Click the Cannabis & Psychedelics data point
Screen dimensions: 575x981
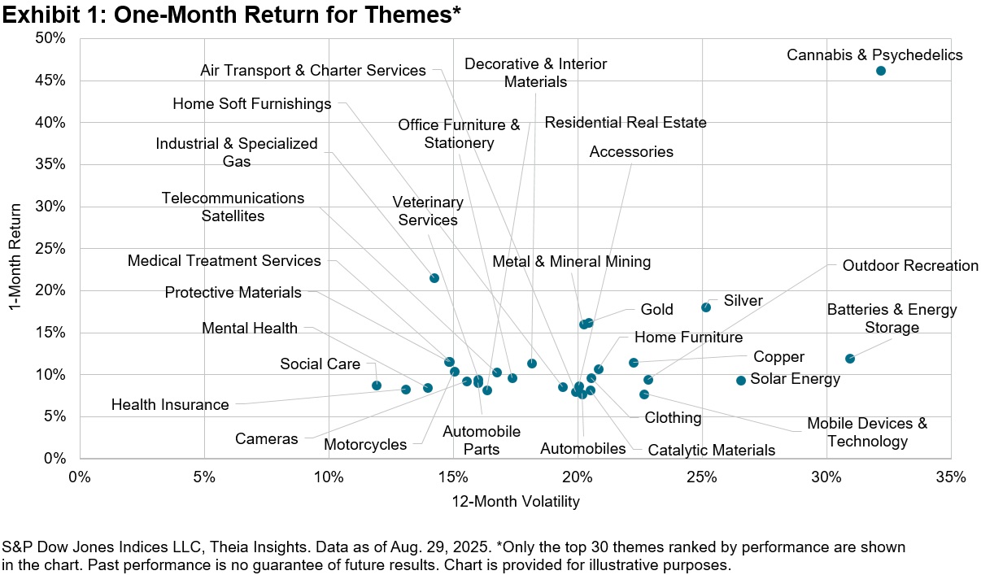tap(880, 71)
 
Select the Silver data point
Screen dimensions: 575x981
tap(706, 307)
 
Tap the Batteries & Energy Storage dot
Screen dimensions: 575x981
tap(850, 359)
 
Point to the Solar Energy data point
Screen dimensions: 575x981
tap(741, 380)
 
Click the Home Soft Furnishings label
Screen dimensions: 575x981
tap(252, 104)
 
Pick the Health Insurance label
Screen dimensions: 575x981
tap(170, 404)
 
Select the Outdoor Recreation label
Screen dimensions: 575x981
tap(910, 266)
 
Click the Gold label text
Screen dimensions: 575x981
tap(656, 310)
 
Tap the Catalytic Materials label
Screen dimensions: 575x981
tap(712, 450)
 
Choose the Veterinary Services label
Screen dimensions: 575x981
tap(427, 211)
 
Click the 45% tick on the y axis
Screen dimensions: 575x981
tap(52, 81)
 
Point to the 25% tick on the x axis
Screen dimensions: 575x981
tap(702, 477)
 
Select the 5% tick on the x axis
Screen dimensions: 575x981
tap(203, 477)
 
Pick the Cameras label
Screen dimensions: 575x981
tap(266, 439)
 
